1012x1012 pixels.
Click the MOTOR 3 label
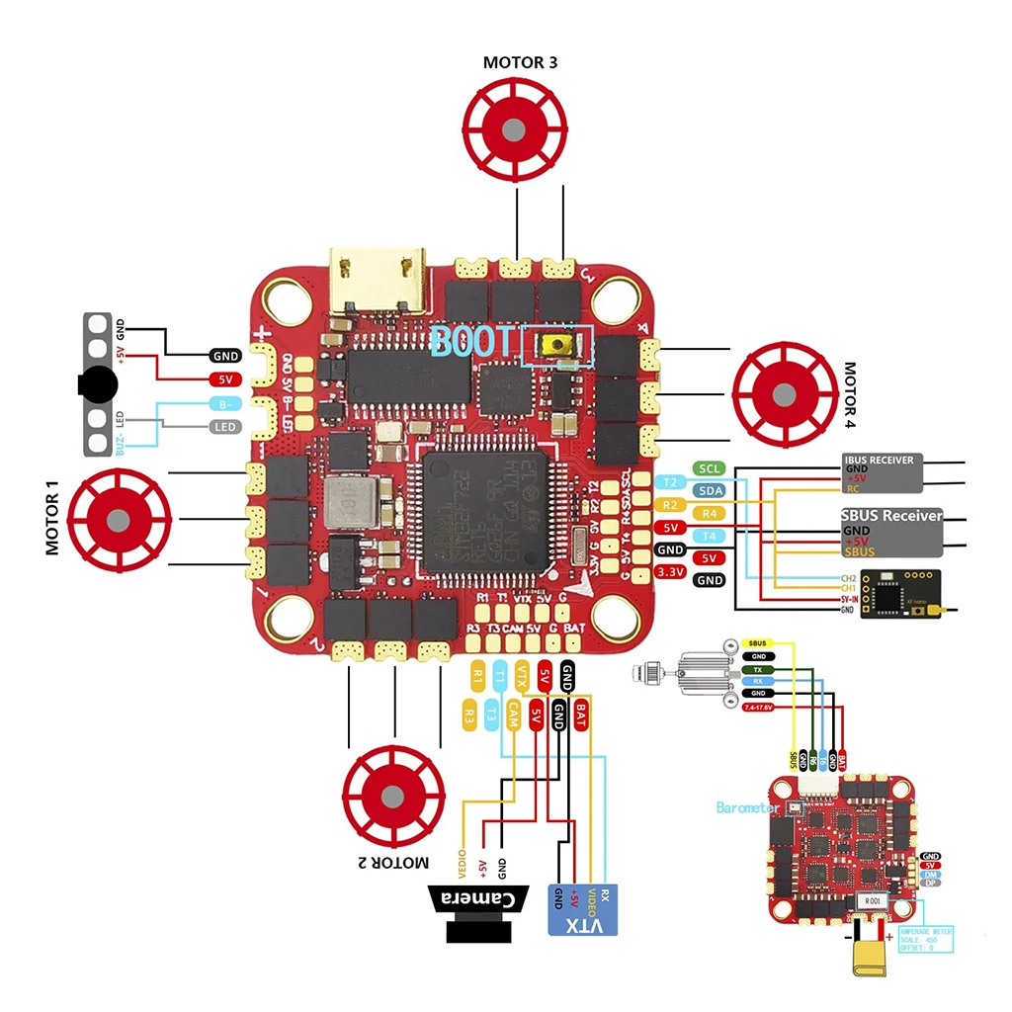pyautogui.click(x=520, y=62)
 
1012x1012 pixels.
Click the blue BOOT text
pyautogui.click(x=473, y=343)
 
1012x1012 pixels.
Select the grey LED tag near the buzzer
pyautogui.click(x=225, y=427)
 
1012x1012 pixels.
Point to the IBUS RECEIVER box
pyautogui.click(x=883, y=472)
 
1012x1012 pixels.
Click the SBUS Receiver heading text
pyautogui.click(x=891, y=516)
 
